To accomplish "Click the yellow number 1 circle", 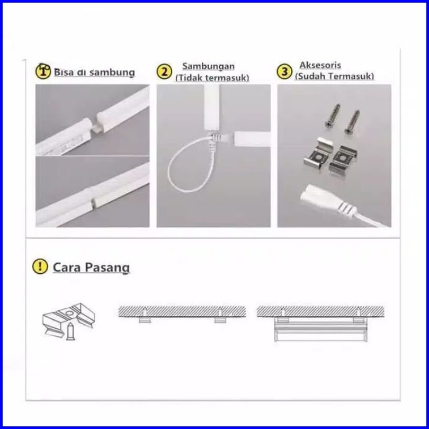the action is (43, 71).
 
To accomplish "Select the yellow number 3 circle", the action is (285, 71).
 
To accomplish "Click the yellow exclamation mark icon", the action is (40, 266).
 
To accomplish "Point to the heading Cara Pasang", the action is (91, 267).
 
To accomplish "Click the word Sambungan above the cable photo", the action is (208, 67).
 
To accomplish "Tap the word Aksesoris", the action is (320, 65).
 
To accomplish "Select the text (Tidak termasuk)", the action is (212, 78).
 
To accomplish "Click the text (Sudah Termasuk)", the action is (334, 76).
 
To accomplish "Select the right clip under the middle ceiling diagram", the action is (219, 321).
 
